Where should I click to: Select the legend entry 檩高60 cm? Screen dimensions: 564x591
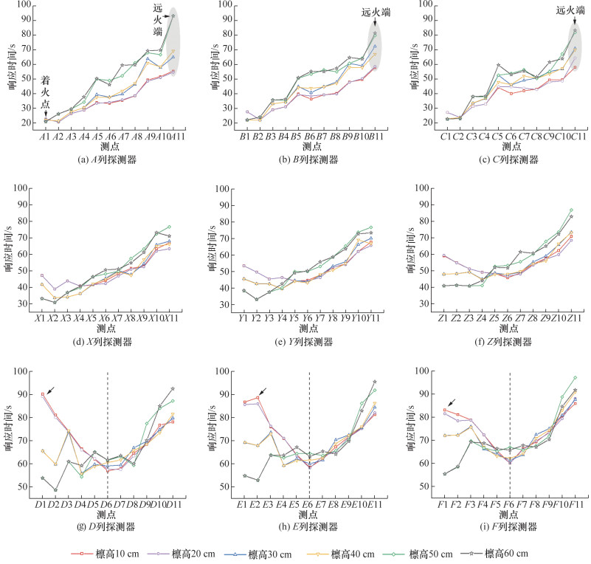[508, 553]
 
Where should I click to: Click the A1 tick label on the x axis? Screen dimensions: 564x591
[46, 137]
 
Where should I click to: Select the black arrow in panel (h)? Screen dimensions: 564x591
[263, 391]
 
